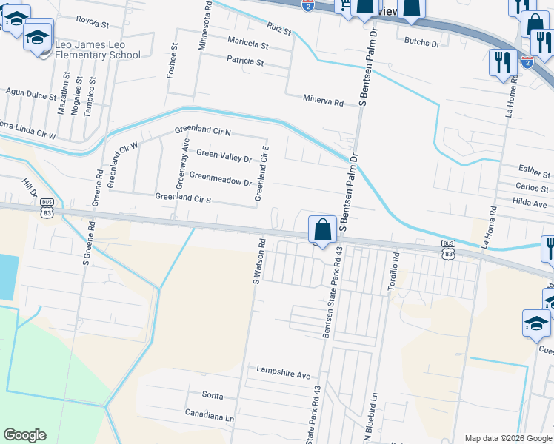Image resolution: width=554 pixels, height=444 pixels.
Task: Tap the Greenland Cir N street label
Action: (203, 132)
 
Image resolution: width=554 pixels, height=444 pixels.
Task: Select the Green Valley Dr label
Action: (224, 155)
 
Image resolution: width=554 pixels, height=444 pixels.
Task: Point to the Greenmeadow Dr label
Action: (221, 178)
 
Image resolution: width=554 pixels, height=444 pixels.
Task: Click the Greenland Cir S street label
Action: (183, 198)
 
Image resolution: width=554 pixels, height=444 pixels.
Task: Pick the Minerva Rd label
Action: (324, 101)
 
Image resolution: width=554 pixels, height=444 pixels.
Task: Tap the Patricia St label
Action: (245, 61)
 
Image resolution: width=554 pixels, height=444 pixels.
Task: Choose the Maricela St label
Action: (248, 44)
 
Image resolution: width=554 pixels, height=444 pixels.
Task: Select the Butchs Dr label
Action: (421, 43)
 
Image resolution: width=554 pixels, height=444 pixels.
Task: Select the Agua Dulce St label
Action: (31, 96)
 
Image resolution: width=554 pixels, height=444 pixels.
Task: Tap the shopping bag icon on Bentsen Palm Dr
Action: (322, 229)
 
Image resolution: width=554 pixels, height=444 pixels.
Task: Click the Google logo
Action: (25, 435)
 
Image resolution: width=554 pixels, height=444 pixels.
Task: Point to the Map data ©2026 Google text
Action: (507, 437)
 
